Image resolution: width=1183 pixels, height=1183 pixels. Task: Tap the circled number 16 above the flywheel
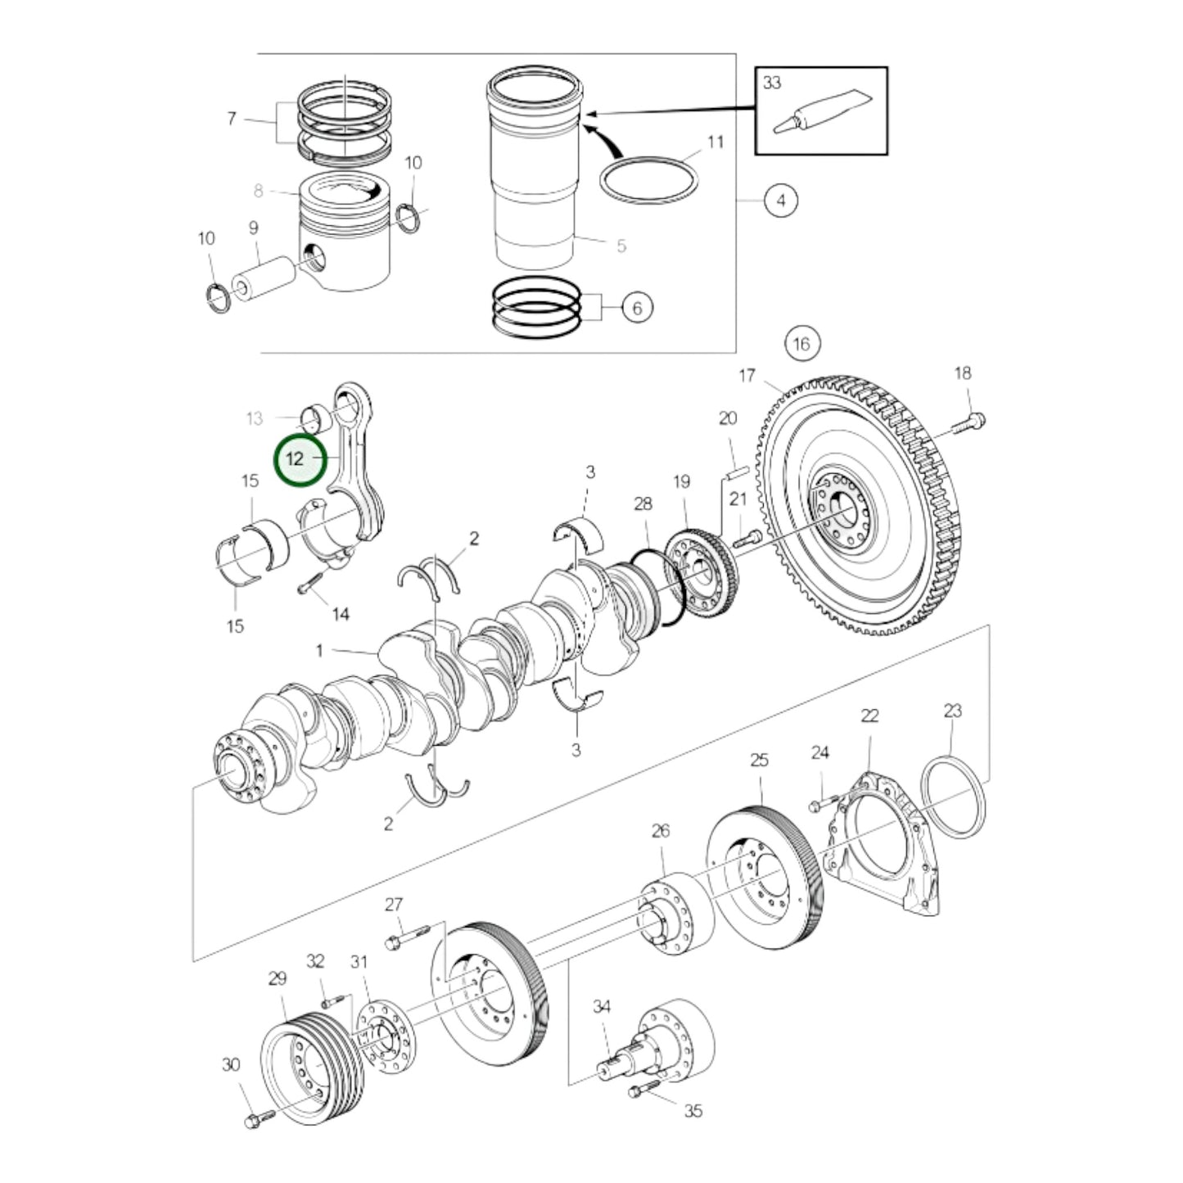(x=801, y=343)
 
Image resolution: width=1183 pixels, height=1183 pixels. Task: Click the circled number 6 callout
(x=637, y=308)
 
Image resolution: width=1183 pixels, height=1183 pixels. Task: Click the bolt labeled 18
(x=969, y=424)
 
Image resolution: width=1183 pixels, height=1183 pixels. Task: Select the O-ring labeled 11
(x=648, y=178)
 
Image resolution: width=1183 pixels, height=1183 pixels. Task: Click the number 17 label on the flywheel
(x=746, y=376)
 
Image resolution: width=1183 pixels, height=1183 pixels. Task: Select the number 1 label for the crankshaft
(x=319, y=651)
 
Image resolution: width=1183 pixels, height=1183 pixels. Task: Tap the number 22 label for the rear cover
(x=869, y=716)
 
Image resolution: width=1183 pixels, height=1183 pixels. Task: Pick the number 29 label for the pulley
(x=278, y=978)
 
